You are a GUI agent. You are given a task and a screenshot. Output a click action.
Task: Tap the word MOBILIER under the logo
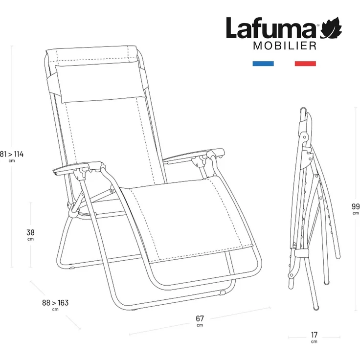[284, 46]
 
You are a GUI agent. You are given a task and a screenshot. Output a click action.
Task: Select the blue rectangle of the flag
[263, 64]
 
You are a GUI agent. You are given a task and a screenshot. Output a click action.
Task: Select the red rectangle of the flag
[305, 64]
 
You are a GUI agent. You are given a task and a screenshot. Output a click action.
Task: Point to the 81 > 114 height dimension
[12, 154]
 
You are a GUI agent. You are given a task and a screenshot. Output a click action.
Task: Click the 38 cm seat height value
[30, 232]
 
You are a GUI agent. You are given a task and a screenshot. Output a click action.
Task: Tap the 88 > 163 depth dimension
[55, 303]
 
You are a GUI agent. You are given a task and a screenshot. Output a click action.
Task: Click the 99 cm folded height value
[356, 206]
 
